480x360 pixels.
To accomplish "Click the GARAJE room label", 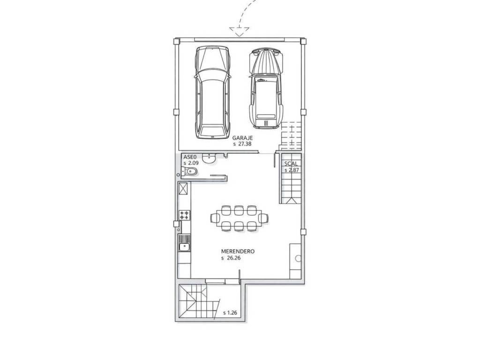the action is [242, 138].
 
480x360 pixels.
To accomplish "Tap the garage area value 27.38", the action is [245, 144].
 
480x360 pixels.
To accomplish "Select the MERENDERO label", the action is [238, 252].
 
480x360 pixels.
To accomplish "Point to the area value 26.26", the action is [234, 258].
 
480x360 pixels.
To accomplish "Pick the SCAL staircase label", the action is [291, 164].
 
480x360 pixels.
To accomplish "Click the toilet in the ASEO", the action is [190, 172].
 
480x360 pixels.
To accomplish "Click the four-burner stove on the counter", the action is [184, 215].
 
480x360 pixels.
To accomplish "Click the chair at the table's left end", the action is [215, 218].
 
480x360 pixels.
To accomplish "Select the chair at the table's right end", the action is [263, 218].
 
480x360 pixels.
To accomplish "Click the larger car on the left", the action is [212, 92].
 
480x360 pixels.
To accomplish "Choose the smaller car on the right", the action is [266, 88].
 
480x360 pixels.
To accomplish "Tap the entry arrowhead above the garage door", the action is [240, 31].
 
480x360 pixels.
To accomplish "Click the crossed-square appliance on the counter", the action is [183, 188].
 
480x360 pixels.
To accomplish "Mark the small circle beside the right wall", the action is [298, 259].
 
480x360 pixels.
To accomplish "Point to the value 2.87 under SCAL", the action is [293, 170].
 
